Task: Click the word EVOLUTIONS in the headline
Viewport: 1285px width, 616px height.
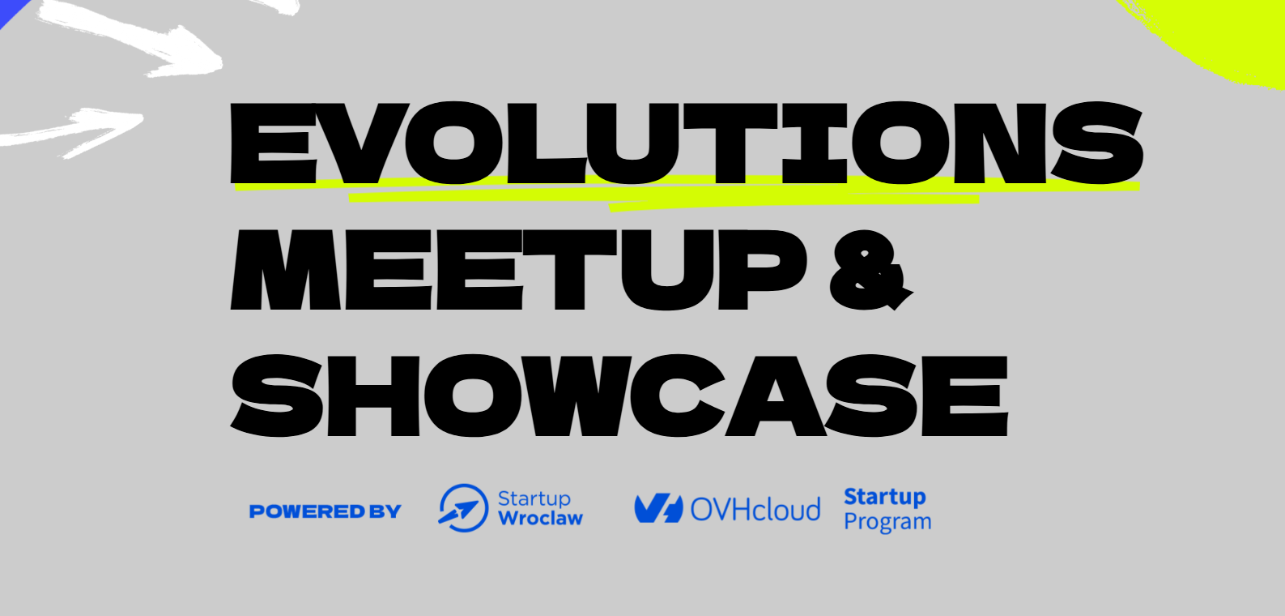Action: pyautogui.click(x=687, y=143)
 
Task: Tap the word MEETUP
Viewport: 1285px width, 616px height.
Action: pyautogui.click(x=518, y=270)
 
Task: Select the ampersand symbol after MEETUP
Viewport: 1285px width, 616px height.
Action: pyautogui.click(x=870, y=270)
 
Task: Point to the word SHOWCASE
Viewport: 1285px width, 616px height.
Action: pyautogui.click(x=619, y=395)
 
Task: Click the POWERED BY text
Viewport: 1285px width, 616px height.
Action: pyautogui.click(x=326, y=511)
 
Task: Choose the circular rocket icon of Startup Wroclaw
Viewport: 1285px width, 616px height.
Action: pyautogui.click(x=463, y=508)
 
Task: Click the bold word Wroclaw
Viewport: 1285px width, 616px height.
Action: pyautogui.click(x=540, y=518)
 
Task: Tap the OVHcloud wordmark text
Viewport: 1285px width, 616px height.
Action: pyautogui.click(x=755, y=509)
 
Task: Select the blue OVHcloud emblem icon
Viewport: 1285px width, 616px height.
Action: pyautogui.click(x=658, y=508)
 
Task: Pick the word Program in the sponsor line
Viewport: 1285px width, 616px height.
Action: pyautogui.click(x=887, y=522)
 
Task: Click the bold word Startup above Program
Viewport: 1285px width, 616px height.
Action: pyautogui.click(x=884, y=497)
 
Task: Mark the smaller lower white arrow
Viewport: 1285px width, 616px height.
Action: pyautogui.click(x=72, y=133)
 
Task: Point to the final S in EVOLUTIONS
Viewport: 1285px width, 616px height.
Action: pyautogui.click(x=1097, y=143)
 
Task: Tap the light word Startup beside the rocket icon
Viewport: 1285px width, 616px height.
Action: pyautogui.click(x=534, y=498)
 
